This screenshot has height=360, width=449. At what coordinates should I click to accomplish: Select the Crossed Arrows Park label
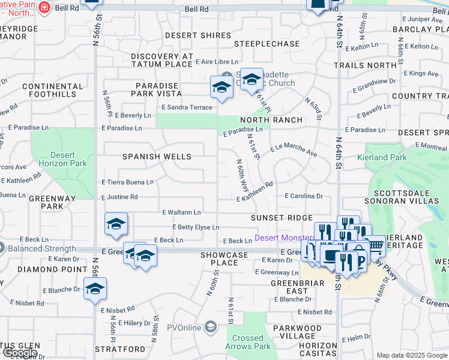247,342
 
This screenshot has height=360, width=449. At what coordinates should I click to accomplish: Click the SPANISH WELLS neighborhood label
157,157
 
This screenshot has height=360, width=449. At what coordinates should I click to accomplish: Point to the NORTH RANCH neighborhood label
271,120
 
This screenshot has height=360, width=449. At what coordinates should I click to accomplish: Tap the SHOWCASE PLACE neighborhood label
224,259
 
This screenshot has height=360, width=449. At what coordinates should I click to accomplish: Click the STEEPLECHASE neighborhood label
267,44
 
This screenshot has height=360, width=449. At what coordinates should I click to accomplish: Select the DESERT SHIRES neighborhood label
198,35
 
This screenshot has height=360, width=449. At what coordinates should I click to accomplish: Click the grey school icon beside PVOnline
210,327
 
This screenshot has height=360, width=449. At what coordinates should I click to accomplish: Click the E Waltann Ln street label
181,212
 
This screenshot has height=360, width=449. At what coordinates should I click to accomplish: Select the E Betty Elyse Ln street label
196,227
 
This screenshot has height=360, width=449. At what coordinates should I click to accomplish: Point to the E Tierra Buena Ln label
127,182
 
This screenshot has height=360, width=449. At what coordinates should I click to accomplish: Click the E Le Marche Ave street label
294,150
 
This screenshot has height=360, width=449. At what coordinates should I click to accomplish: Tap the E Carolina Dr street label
304,196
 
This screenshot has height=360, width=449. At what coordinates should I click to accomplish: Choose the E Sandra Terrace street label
187,107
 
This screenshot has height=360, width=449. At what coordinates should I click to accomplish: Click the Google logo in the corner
20,353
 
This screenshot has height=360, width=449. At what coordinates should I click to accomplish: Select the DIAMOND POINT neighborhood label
44,269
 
